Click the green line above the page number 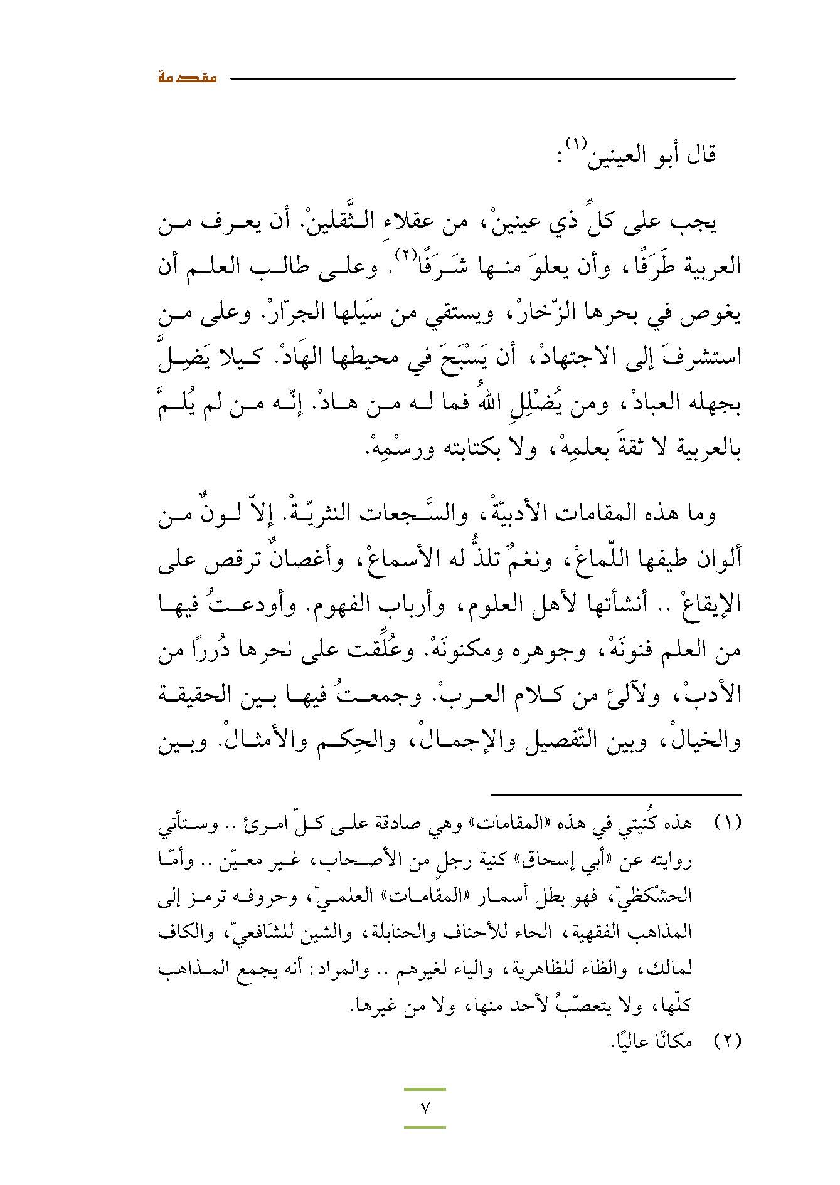(x=425, y=1090)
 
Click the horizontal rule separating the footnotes (x=616, y=794)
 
